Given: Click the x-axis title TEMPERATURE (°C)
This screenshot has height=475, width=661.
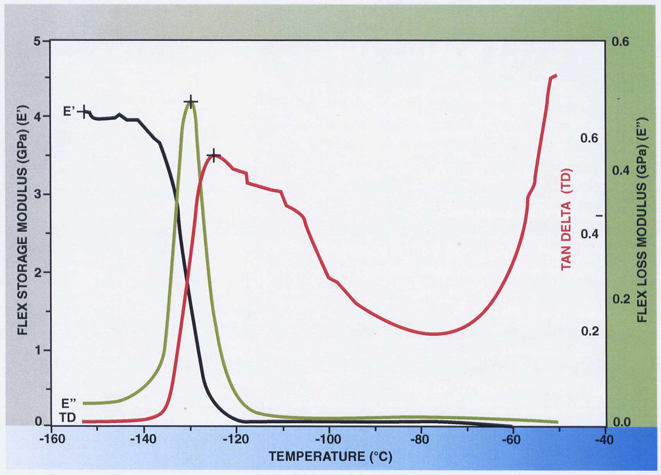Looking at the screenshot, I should coord(331,457).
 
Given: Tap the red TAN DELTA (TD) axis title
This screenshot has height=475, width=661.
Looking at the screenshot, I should coord(567,219).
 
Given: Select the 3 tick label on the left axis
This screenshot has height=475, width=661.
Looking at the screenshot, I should coord(37,194).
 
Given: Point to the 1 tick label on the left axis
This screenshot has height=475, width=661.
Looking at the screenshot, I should coord(37,350).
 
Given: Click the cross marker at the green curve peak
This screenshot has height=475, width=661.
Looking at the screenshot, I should coord(190,102).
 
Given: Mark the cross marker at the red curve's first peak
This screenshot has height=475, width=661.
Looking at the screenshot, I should coord(213,155).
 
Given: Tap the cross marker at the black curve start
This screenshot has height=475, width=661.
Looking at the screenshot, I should coord(84,112).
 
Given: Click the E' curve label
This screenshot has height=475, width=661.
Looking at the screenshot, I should coord(69,112).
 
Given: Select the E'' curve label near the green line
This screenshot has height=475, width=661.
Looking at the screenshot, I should coord(69,403).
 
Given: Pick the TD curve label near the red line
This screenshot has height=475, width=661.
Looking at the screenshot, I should coord(68,418).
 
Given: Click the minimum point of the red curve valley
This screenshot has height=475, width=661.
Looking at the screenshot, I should coord(434,334).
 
